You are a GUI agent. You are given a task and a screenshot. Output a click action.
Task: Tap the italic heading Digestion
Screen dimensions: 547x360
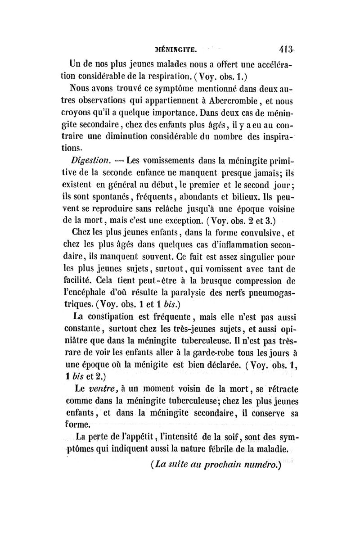click(x=86, y=160)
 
